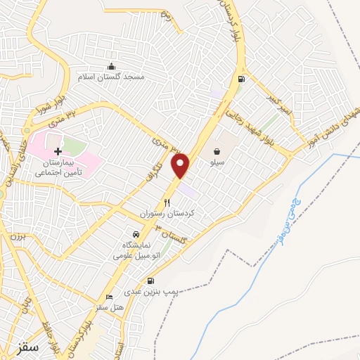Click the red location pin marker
click(181, 165)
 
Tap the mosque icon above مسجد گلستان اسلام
click(111, 66)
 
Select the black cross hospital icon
click(58, 151)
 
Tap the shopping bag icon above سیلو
click(217, 150)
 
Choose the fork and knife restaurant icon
click(167, 202)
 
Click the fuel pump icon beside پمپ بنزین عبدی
click(151, 281)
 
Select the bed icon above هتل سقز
click(108, 297)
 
